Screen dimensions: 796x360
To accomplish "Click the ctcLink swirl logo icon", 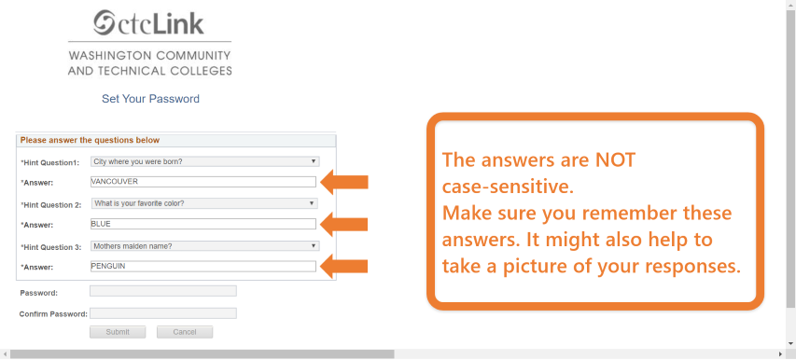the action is coord(105,23).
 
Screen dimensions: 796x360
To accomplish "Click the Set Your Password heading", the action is coord(150,99).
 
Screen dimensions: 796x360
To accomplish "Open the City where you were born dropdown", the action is coord(205,161).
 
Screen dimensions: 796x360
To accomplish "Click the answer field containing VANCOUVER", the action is coord(203,182).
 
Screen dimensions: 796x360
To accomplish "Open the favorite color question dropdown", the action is coord(204,203).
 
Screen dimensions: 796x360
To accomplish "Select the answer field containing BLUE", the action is coord(203,224).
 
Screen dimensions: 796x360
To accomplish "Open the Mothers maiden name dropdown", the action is coord(205,246).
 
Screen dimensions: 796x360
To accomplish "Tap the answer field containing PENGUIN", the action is coord(203,266).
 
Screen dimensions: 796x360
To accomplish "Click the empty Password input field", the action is coord(163,291).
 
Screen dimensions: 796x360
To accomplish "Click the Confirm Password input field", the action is coord(163,313).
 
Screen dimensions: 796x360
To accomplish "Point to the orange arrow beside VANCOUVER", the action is coord(344,182).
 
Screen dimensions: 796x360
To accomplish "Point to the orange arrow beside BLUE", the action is coord(344,224).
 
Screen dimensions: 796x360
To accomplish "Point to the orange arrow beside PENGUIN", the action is coord(344,266).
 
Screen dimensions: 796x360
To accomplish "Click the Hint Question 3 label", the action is coord(50,247).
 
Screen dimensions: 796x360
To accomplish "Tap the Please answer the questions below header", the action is coord(90,140).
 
